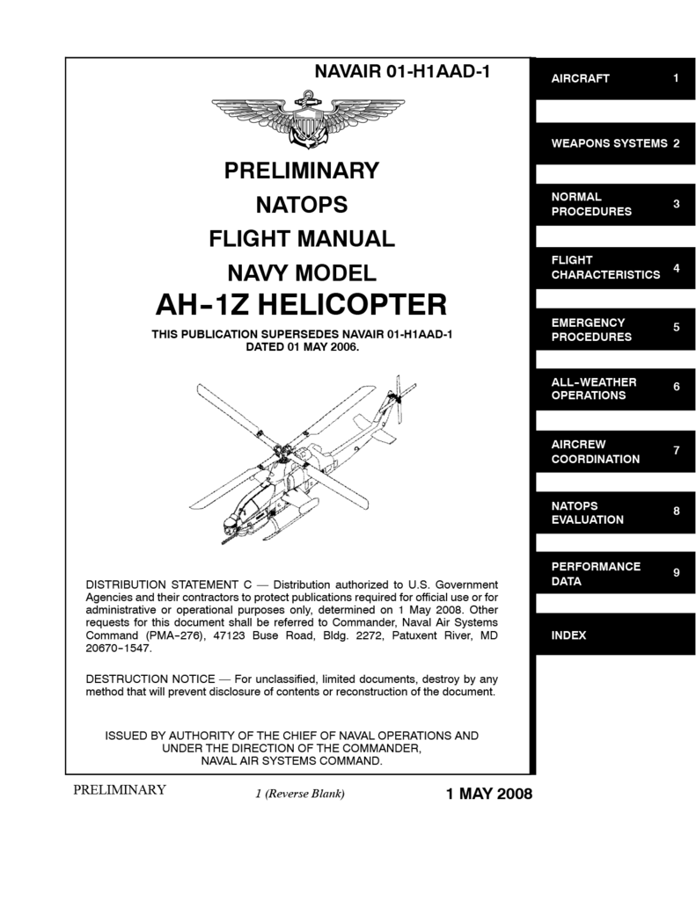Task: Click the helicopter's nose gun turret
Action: coord(230,533)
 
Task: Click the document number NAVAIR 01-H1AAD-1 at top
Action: coord(401,73)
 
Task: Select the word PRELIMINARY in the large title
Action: coord(301,170)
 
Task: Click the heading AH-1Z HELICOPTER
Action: coord(301,305)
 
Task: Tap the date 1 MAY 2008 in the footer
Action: coord(489,795)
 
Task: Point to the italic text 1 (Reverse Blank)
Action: coord(298,795)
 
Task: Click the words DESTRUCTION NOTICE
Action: coord(150,679)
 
